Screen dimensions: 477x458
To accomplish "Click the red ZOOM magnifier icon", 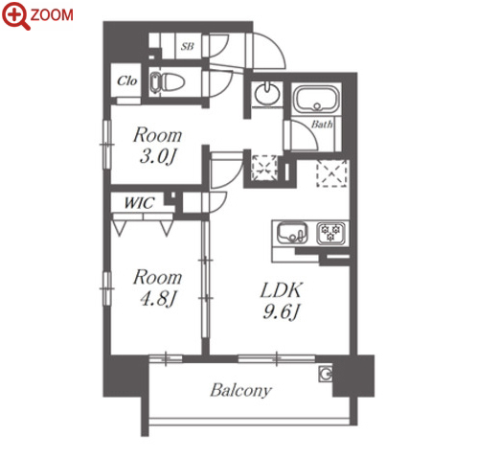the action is pos(15,15).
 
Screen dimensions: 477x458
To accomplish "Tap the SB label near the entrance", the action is pos(188,47).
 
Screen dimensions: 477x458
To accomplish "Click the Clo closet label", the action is pos(127,80).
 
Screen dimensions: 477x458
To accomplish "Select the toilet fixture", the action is pos(168,81).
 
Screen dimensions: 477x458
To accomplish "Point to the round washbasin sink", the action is pos(268,93).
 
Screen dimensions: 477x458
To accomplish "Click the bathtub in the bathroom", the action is pos(316,99).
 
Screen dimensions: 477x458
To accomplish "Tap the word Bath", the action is pos(322,124).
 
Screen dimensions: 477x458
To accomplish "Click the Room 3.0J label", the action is pos(157,146).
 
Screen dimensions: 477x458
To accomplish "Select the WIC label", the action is pos(139,202).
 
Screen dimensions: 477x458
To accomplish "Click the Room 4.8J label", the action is pos(157,287).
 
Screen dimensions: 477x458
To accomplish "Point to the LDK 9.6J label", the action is pos(281,300).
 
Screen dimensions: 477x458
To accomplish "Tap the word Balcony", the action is pos(241,390).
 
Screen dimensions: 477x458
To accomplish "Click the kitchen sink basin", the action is pos(292,233).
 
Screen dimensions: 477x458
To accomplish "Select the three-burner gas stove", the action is pos(330,233).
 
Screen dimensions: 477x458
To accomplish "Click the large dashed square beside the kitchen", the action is pos(331,174).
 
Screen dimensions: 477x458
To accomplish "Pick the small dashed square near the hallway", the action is pos(264,168).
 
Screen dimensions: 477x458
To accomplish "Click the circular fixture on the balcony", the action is pos(326,374).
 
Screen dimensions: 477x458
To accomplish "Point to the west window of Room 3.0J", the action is pos(107,145).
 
